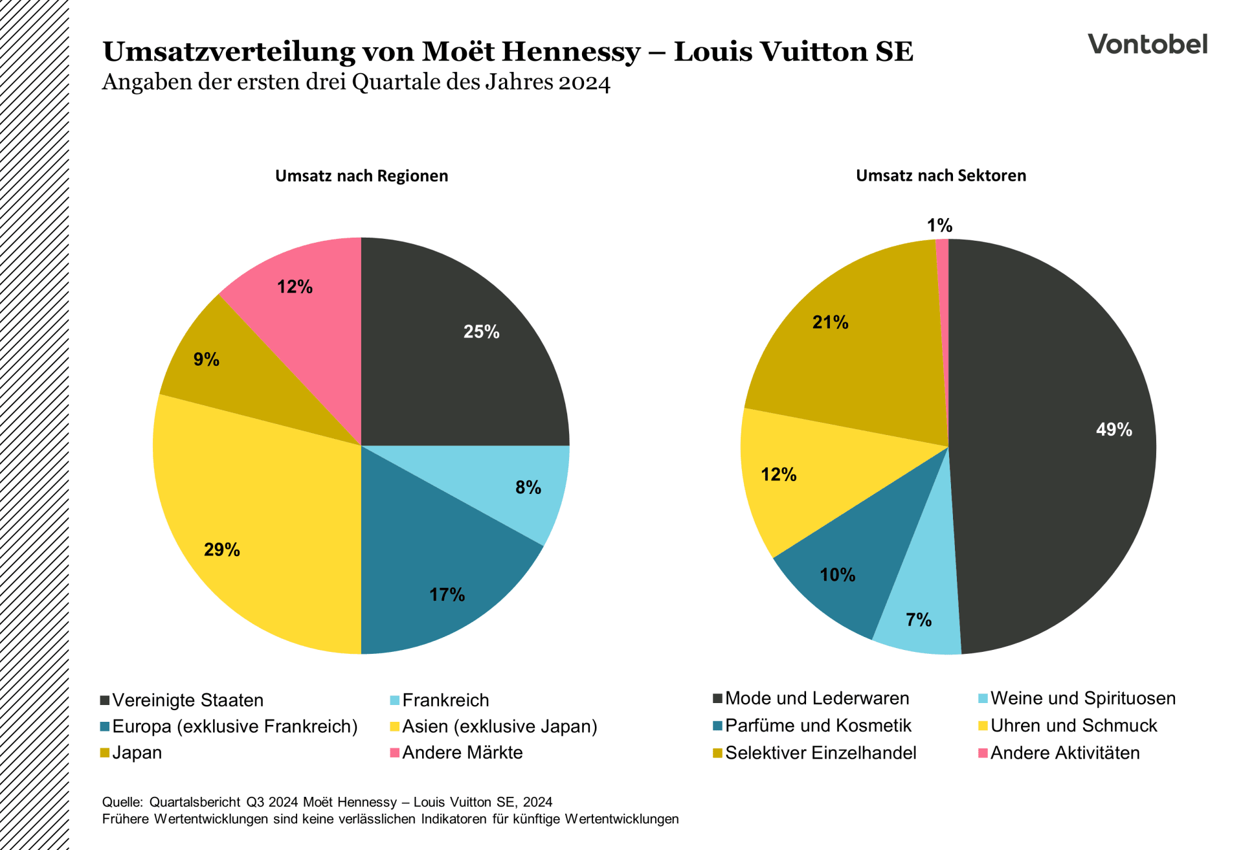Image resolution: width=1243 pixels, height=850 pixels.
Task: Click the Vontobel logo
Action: point(1147,44)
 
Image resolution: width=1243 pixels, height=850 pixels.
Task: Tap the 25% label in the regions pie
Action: point(481,332)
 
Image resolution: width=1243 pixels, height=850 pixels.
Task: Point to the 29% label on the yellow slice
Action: point(222,550)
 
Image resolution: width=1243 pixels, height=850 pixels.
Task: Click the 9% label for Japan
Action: point(207,359)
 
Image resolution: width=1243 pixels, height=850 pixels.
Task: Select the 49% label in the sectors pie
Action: point(1114,429)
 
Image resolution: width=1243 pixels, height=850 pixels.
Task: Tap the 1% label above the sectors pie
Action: point(939,225)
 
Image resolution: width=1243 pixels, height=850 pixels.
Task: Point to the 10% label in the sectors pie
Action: point(837,575)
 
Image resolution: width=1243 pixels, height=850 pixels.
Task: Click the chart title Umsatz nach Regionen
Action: point(361,176)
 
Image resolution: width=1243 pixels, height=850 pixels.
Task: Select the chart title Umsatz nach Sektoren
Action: point(941,175)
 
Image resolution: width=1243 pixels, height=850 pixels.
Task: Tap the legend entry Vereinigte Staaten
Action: point(188,700)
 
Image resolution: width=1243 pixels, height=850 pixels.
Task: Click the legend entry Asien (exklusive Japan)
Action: point(499,726)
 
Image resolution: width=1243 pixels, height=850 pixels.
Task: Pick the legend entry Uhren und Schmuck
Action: point(1073,725)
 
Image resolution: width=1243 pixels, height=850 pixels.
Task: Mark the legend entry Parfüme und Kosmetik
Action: point(818,725)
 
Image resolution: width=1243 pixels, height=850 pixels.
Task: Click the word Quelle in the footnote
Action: point(122,802)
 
